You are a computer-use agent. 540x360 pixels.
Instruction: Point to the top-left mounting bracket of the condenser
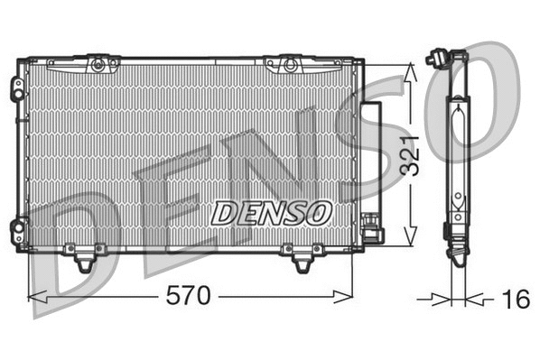pos(97,64)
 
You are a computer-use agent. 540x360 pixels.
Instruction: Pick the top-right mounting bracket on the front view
pos(288,64)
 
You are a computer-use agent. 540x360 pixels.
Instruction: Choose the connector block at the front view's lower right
pos(372,235)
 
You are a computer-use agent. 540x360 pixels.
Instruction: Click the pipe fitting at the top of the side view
pos(439,60)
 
